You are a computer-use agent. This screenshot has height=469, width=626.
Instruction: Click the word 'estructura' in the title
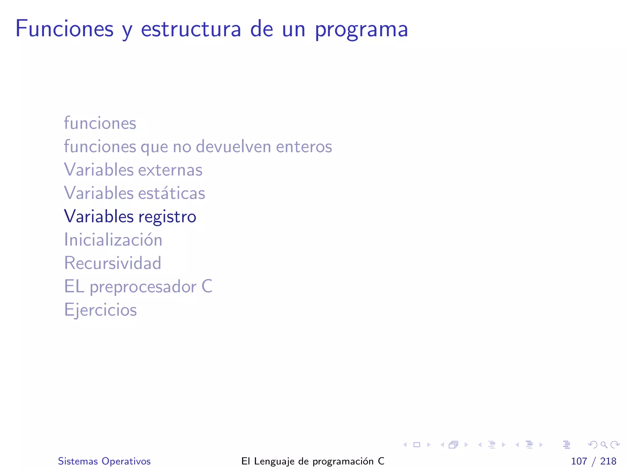[x=191, y=29]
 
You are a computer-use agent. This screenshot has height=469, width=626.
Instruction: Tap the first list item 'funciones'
[x=100, y=123]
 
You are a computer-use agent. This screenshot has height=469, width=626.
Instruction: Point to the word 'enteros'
[x=304, y=147]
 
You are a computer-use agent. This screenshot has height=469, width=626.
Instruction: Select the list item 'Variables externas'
[x=133, y=170]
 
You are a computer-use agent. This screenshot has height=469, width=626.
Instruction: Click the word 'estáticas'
[x=171, y=193]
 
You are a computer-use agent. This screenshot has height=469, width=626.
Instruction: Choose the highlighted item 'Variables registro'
[x=130, y=216]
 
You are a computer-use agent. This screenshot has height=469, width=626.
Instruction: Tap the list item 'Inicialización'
[x=113, y=240]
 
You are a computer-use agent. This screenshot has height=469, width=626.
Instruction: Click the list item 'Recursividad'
[x=112, y=263]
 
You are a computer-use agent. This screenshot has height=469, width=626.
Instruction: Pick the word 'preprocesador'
[x=143, y=287]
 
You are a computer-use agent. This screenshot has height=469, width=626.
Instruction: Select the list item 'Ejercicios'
[x=100, y=310]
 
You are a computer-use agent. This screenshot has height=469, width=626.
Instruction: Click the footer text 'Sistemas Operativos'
[x=104, y=461]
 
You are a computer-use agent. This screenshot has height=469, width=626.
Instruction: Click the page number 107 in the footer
[x=579, y=461]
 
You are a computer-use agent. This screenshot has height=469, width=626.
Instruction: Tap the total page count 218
[x=608, y=461]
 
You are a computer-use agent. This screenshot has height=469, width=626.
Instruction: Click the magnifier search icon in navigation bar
[x=604, y=445]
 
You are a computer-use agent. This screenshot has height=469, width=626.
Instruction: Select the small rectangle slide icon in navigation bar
[x=417, y=445]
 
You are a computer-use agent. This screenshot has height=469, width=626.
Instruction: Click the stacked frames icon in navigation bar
[x=454, y=445]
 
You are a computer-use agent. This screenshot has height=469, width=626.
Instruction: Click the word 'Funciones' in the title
[x=64, y=29]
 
